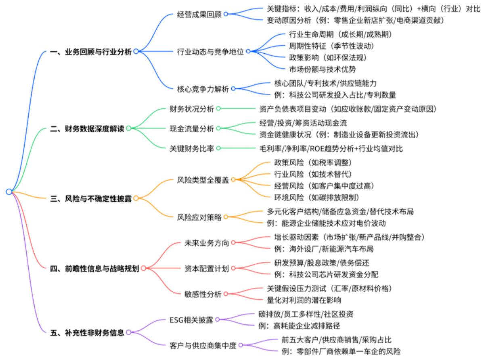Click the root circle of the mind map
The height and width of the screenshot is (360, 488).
tap(9, 192)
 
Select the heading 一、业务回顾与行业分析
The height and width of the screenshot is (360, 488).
tap(92, 51)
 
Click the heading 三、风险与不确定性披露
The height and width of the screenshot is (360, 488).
tap(92, 198)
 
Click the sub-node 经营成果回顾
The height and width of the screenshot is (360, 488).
tap(199, 14)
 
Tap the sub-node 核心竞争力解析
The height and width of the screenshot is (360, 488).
tap(203, 88)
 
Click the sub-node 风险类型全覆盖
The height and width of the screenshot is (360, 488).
tap(203, 180)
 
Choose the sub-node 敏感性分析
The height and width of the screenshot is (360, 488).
tap(203, 294)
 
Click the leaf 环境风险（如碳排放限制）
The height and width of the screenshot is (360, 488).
tap(316, 197)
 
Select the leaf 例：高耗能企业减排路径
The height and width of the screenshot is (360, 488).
tap(301, 326)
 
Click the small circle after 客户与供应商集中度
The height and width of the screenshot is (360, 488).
tap(241, 345)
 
